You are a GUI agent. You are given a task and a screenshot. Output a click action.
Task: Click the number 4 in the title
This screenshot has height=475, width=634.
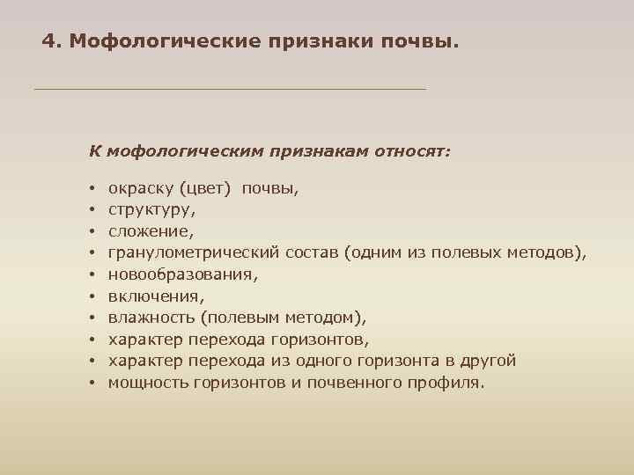[48, 41]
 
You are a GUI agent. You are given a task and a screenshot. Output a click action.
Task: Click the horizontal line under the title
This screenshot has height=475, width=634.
[229, 89]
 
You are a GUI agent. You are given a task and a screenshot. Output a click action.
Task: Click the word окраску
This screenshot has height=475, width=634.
[139, 187]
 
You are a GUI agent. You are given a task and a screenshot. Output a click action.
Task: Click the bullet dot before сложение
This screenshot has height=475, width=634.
[92, 232]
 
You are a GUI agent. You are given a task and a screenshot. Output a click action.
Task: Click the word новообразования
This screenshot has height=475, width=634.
[183, 274]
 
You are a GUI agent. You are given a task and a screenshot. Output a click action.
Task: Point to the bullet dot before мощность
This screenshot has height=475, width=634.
[92, 383]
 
